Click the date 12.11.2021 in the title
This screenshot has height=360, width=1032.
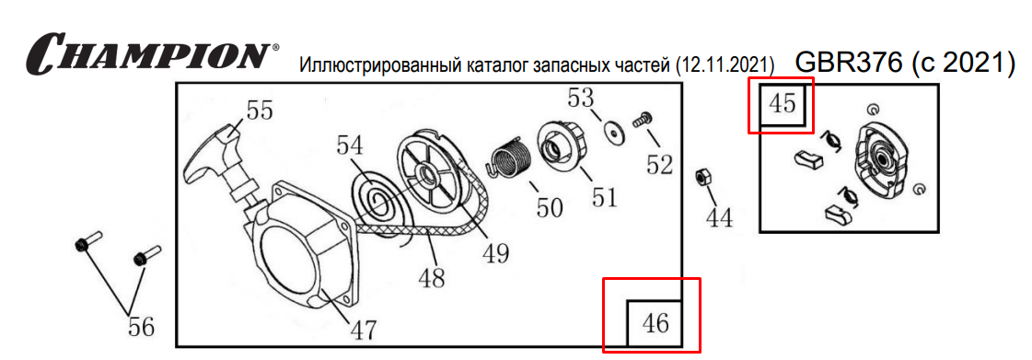click(x=726, y=65)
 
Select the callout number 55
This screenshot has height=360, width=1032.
click(x=258, y=111)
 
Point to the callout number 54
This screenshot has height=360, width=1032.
click(x=350, y=146)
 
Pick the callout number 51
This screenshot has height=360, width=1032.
click(x=604, y=196)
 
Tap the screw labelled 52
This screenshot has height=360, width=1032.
click(x=641, y=121)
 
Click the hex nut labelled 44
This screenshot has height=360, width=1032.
click(x=703, y=176)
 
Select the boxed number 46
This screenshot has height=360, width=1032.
click(x=655, y=323)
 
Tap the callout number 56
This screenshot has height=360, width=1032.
click(x=140, y=326)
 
